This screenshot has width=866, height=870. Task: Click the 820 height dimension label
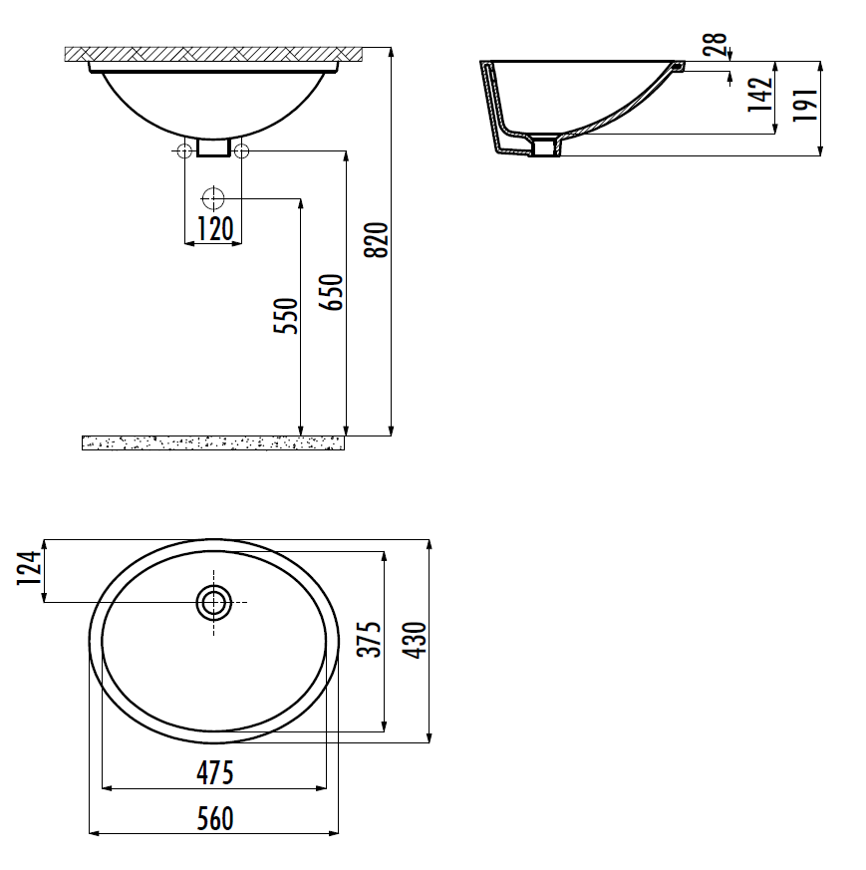[377, 240]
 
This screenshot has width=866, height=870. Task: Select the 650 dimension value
[331, 292]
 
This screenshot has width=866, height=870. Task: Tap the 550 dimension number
[286, 316]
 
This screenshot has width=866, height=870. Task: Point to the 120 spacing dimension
[215, 228]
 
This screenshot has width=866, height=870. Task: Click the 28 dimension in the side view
[716, 44]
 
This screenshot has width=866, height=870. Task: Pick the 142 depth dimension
[759, 95]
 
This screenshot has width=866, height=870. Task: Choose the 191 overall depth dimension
[805, 105]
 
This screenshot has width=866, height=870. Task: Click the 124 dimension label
[29, 568]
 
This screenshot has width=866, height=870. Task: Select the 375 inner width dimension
[369, 640]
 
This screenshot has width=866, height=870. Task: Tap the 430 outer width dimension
[415, 641]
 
